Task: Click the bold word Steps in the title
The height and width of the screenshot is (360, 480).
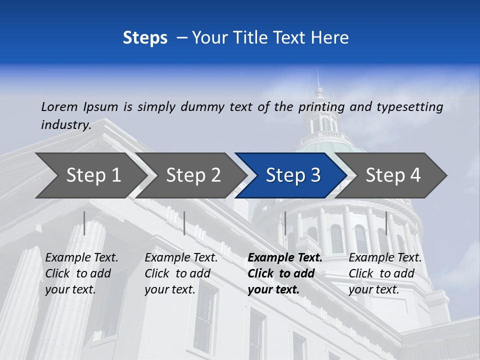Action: (145, 38)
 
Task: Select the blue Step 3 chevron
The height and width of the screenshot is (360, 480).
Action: (293, 175)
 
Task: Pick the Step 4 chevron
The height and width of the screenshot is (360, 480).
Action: (393, 175)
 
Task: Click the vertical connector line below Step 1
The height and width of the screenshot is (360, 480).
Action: (84, 223)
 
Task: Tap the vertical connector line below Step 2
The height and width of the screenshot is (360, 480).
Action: (184, 223)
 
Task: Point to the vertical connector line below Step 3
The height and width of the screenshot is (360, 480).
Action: (285, 223)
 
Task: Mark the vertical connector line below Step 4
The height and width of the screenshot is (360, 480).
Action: (386, 223)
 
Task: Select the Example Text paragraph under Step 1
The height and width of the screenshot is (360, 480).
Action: (81, 273)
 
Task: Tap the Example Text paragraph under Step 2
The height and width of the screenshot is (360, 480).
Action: (181, 273)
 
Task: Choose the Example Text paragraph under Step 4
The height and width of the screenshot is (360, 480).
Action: (385, 273)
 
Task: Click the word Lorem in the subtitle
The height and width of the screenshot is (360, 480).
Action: (59, 106)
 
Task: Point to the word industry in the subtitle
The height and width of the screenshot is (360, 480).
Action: (65, 124)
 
